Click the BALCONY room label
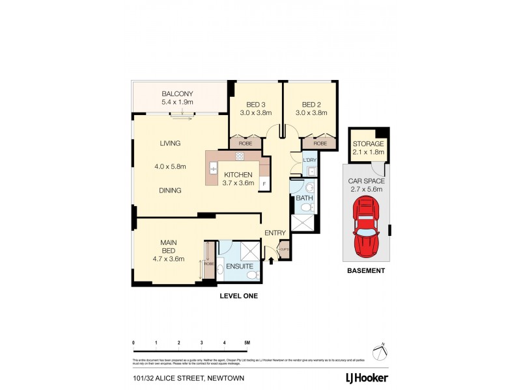[178, 93]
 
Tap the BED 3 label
[255, 105]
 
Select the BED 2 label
[311, 105]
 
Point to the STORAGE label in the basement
[368, 144]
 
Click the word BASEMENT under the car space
[365, 270]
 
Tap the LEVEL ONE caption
[238, 296]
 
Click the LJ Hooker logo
[367, 378]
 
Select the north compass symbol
[381, 351]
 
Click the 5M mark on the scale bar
[247, 342]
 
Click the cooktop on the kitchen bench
[239, 157]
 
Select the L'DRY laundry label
[309, 159]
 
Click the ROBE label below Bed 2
[320, 143]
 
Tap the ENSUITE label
[240, 266]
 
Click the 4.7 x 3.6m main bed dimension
[169, 258]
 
